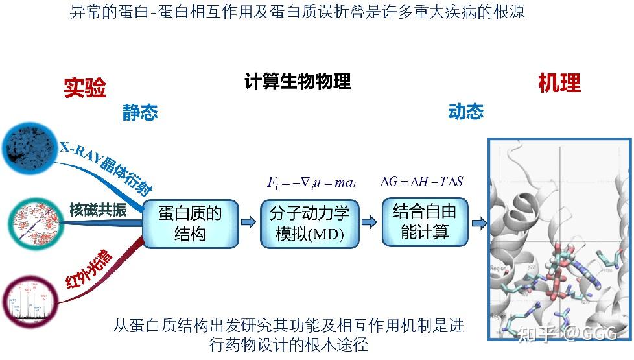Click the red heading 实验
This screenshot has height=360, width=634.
pos(84,88)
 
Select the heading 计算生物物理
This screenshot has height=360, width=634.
pos(298,82)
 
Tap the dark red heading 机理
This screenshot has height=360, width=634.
pos(559,83)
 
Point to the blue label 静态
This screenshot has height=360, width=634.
pos(140,112)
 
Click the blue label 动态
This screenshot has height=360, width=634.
pos(465,112)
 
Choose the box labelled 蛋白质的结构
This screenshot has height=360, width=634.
pos(190,223)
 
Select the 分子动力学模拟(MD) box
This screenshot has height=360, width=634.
pos(309,223)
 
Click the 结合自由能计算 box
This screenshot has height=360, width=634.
pos(424,222)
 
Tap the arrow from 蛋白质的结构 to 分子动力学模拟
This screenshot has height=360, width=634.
pos(248,223)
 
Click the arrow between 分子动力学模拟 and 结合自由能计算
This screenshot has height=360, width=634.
pos(370,223)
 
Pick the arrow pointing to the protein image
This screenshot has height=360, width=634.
pos(479,223)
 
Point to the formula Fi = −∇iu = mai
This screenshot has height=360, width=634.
pos(309,182)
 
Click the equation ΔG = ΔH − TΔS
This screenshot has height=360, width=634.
pos(421,182)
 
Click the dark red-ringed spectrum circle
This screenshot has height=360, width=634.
pos(30,302)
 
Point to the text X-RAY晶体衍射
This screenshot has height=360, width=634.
pos(107,167)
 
